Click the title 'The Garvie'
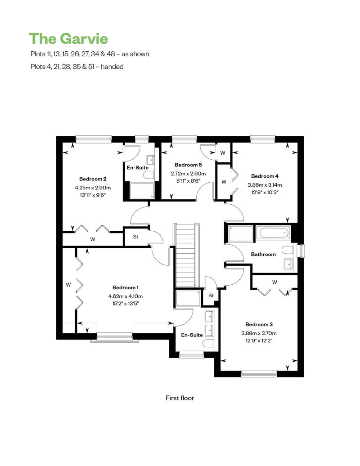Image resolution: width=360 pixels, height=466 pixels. pyautogui.click(x=68, y=39)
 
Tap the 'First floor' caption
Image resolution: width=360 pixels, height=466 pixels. pyautogui.click(x=180, y=398)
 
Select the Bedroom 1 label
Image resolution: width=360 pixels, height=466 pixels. pyautogui.click(x=126, y=287)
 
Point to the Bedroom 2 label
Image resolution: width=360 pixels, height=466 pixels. pyautogui.click(x=93, y=179)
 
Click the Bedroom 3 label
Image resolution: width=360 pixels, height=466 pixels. pyautogui.click(x=259, y=324)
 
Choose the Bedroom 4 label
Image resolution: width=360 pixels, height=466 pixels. pyautogui.click(x=265, y=176)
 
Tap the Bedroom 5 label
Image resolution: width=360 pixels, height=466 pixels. pyautogui.click(x=188, y=165)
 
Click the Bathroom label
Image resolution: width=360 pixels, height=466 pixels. pyautogui.click(x=263, y=254)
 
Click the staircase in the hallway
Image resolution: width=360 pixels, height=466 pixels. pyautogui.click(x=186, y=255)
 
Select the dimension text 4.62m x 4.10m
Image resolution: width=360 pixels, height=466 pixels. pyautogui.click(x=126, y=296)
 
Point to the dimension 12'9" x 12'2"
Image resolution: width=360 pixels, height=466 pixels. pyautogui.click(x=259, y=341)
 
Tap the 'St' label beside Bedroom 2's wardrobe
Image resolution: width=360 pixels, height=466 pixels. pyautogui.click(x=135, y=237)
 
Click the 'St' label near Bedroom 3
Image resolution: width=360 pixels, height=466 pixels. pyautogui.click(x=211, y=296)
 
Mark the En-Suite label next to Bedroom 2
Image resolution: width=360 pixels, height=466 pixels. pyautogui.click(x=138, y=168)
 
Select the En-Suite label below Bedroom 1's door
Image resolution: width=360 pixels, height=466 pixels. pyautogui.click(x=192, y=335)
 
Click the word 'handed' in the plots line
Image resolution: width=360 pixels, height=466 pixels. pyautogui.click(x=112, y=67)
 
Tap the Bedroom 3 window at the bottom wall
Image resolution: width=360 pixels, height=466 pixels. pyautogui.click(x=259, y=374)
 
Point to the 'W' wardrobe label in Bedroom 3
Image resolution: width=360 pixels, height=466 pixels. pyautogui.click(x=274, y=282)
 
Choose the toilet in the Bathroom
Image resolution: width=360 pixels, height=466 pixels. pyautogui.click(x=288, y=250)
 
